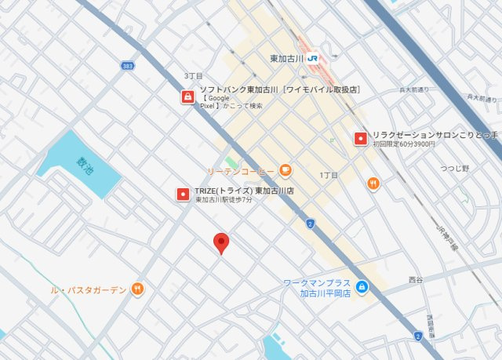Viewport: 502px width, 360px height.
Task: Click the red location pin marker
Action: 221,244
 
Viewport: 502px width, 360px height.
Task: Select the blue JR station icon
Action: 313,58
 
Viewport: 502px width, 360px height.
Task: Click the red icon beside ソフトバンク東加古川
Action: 188,97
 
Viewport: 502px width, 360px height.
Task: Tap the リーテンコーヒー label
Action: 241,170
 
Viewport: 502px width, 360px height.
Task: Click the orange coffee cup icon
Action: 285,169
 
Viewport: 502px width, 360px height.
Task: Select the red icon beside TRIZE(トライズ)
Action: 182,193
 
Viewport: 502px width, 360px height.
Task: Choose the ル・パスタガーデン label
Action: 88,289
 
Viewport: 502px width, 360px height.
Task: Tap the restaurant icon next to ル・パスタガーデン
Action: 138,289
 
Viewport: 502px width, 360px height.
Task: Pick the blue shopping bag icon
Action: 361,287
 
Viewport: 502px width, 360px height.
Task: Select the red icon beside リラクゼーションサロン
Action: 360,138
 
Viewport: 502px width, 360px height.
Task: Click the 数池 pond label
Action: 83,165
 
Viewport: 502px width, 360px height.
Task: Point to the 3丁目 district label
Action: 193,76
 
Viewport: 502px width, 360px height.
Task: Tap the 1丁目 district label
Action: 329,175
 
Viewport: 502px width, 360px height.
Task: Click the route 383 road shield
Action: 127,66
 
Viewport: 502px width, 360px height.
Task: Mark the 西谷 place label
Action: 416,278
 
